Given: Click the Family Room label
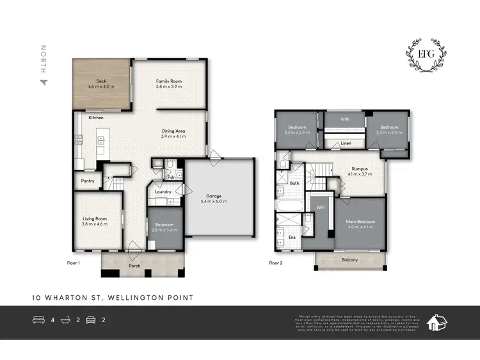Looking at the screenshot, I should [x=170, y=81].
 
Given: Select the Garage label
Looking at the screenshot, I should [x=214, y=196].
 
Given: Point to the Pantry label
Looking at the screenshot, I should [x=88, y=181].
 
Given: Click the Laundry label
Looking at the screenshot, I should [x=162, y=192].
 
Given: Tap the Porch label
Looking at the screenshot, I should [x=134, y=266].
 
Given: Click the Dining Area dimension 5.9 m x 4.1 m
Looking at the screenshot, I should [x=173, y=136].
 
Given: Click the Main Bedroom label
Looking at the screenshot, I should [x=360, y=222].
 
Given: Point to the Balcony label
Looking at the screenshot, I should [x=349, y=259].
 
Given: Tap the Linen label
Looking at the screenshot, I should [x=346, y=143].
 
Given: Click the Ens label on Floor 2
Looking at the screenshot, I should [x=293, y=237].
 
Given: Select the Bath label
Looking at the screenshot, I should [x=294, y=183].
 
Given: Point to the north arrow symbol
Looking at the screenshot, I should [x=44, y=82].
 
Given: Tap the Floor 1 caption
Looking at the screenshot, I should [x=73, y=263].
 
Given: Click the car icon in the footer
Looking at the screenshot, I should [x=91, y=318].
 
